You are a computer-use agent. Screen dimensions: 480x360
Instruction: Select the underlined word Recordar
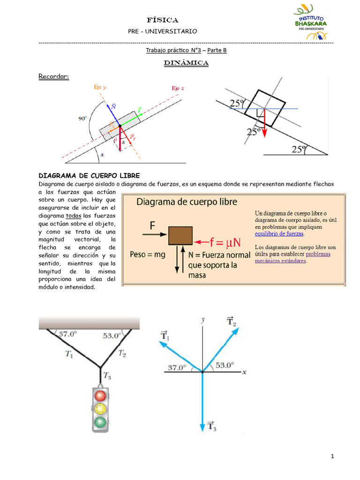coord(53,76)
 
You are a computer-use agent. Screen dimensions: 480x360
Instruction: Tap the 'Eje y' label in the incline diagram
coord(99,87)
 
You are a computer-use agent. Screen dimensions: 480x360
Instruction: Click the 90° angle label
coord(82,119)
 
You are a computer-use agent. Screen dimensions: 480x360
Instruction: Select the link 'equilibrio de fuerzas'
coord(279,233)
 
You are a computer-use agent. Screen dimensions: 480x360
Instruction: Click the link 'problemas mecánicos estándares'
coord(292,257)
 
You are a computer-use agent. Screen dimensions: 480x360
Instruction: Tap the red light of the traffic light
coord(100,396)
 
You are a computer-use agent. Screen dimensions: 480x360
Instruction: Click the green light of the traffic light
coord(100,422)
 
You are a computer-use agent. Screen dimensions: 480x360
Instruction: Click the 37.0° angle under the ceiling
coord(67,334)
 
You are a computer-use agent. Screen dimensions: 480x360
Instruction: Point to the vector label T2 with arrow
coord(231,321)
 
